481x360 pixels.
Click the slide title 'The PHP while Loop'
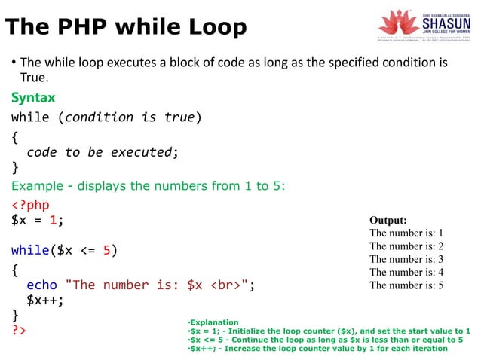tap(126, 28)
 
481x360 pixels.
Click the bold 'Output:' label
tap(388, 221)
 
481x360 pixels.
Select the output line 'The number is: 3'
tap(406, 259)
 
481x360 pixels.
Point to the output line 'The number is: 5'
tap(406, 285)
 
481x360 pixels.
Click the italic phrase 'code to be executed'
tap(100, 152)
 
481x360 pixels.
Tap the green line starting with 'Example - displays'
tap(148, 185)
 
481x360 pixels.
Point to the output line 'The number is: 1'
tap(406, 233)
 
